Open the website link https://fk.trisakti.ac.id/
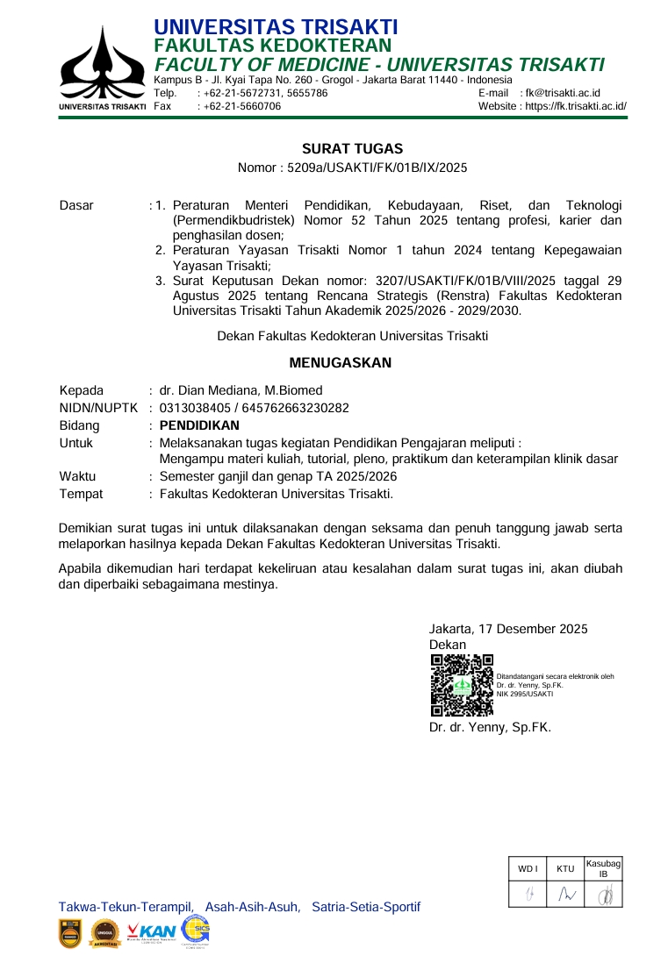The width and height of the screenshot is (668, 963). pyautogui.click(x=576, y=106)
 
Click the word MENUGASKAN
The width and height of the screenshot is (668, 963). pyautogui.click(x=341, y=362)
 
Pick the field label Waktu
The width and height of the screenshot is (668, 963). pyautogui.click(x=77, y=476)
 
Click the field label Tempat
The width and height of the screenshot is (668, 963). pyautogui.click(x=81, y=494)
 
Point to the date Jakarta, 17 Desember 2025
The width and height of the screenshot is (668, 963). pyautogui.click(x=508, y=628)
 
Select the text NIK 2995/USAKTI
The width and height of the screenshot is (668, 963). pyautogui.click(x=525, y=694)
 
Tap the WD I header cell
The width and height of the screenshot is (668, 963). pyautogui.click(x=528, y=868)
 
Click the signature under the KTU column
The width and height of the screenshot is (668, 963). pyautogui.click(x=565, y=894)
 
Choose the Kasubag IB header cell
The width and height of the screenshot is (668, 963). pyautogui.click(x=603, y=868)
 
